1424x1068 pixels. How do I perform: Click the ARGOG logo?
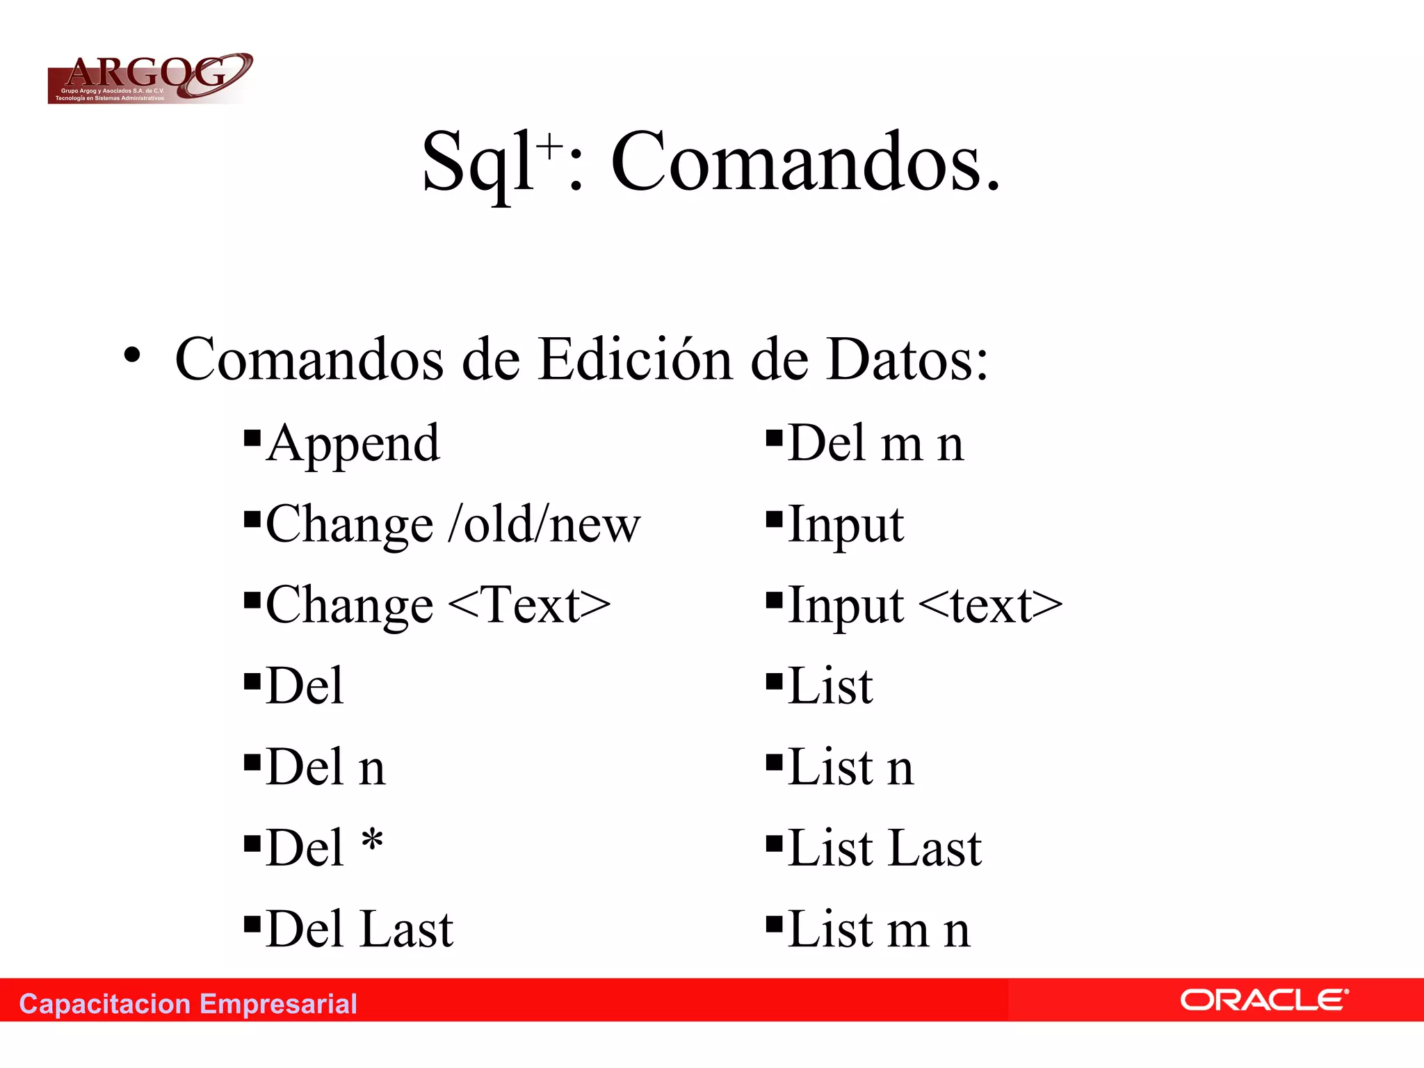tap(149, 79)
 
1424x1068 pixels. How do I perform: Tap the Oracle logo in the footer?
tap(1264, 1001)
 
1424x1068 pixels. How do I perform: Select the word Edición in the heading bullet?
tap(635, 359)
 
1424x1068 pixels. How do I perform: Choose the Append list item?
tap(353, 444)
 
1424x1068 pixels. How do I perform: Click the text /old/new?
tap(544, 524)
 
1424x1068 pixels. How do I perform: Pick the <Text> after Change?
tap(529, 605)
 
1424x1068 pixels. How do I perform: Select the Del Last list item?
tap(359, 929)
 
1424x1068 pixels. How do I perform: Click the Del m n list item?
tap(876, 444)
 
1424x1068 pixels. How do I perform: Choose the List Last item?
tap(884, 848)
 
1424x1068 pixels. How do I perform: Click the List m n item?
tap(879, 929)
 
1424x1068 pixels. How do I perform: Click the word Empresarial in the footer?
tap(278, 1004)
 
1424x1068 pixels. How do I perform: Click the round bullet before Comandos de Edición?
tap(131, 355)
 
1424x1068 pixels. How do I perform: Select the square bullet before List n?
tap(774, 762)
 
